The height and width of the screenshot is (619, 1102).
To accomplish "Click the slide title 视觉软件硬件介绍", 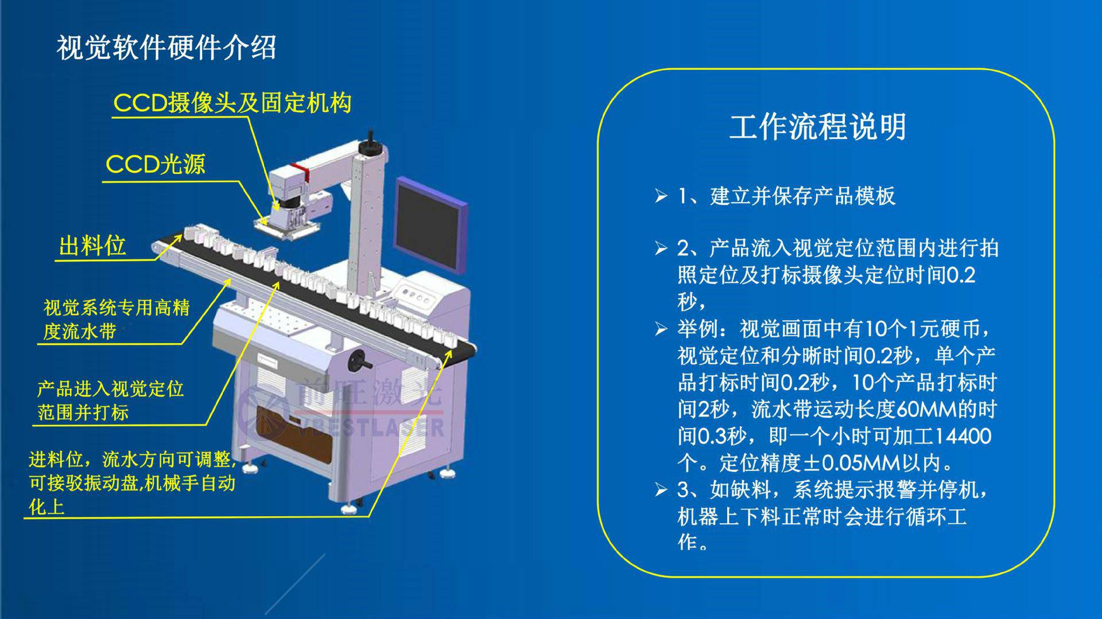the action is point(166,48).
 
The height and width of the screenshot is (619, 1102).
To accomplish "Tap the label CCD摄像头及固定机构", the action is point(232,103).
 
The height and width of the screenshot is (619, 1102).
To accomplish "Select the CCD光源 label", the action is point(156,165).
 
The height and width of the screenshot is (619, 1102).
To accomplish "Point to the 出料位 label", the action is point(92,246).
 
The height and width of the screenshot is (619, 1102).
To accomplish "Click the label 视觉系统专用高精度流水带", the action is point(117,319).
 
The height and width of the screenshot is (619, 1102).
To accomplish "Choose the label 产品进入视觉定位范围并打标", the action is point(110,400).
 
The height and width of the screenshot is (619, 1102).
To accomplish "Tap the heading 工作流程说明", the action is point(818,127).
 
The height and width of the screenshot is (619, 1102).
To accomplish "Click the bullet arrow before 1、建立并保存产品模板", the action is point(661,196).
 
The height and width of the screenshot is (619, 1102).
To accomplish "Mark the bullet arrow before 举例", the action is point(661,329).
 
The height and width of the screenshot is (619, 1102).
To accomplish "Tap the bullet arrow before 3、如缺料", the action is point(661,490).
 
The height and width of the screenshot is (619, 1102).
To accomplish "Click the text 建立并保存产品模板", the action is point(802,196).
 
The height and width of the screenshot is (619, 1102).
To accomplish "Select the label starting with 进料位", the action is point(133,483).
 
